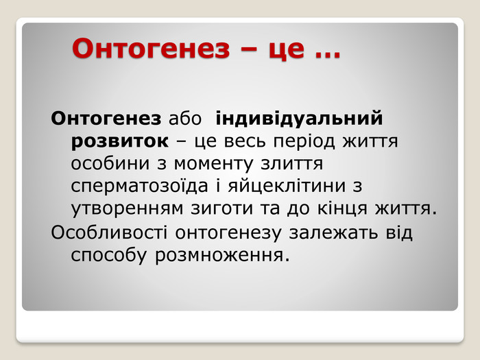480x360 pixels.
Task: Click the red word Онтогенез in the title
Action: pos(151,49)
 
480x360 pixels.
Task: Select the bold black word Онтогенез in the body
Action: pos(106,118)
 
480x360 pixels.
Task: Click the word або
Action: pos(185,118)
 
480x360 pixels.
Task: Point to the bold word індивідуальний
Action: pos(299,118)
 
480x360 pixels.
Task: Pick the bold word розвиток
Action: pos(120,141)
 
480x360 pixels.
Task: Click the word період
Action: pos(304,141)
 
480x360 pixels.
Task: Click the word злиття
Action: pos(291,164)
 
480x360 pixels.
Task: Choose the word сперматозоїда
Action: pos(139,186)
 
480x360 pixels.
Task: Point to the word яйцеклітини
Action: pos(287,186)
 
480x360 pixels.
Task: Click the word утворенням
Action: pos(127,208)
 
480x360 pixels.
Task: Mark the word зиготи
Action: pos(222,208)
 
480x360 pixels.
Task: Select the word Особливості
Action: pos(109,232)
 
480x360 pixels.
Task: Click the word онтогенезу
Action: pos(228,233)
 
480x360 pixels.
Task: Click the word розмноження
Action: pos(222,256)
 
